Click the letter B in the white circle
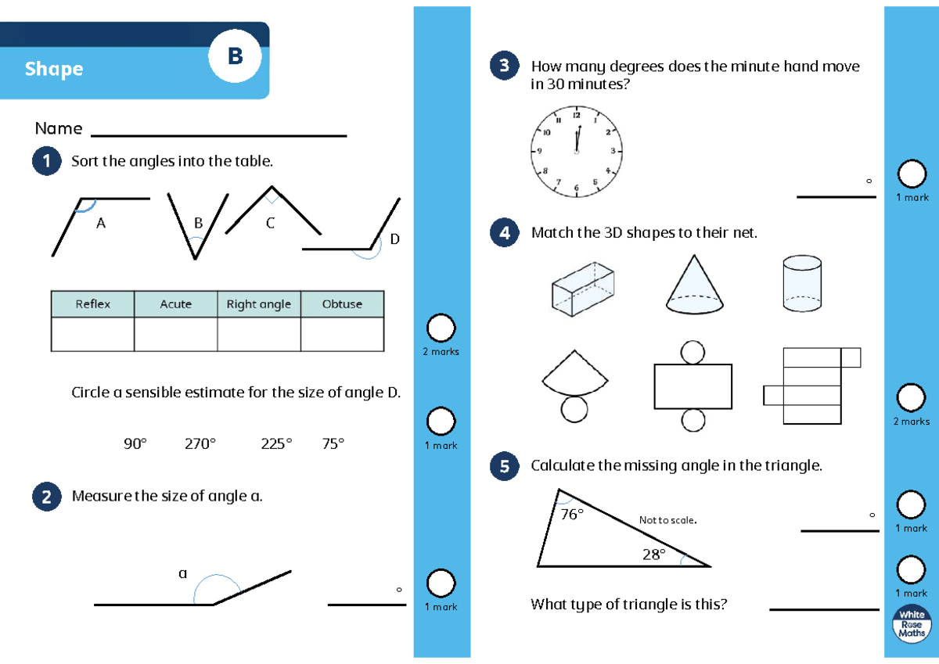pos(236,56)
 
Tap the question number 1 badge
pos(46,161)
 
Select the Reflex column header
pos(92,303)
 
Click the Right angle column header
pos(259,303)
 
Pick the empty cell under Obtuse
pos(342,334)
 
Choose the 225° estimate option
pos(276,443)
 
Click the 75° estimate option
pos(333,443)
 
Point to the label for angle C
pos(271,223)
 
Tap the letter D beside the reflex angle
pos(394,239)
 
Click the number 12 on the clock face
pos(577,115)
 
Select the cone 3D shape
pos(694,284)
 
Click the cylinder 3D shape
pos(802,283)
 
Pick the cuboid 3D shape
pos(583,289)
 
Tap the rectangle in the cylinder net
pos(693,386)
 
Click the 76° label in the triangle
pos(572,514)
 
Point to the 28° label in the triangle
pos(654,555)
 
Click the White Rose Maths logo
pos(912,623)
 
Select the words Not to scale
pos(667,520)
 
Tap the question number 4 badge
pos(504,232)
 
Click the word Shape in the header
pos(54,69)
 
